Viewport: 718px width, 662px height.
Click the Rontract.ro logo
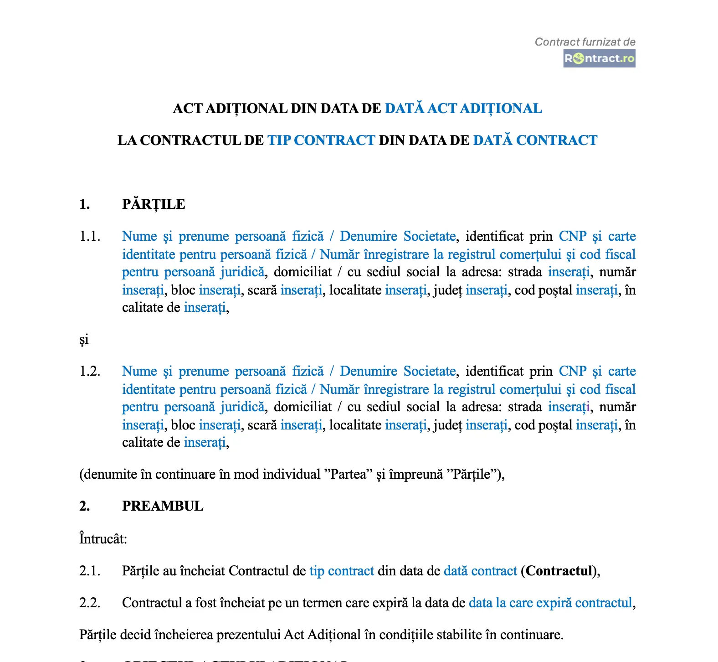599,59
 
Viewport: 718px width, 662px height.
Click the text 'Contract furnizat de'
585,42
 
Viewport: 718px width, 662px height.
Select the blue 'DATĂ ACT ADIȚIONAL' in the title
463,109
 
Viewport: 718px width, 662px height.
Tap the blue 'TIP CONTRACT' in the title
321,140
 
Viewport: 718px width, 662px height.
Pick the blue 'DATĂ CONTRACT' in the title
535,140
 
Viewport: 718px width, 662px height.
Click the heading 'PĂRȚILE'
154,204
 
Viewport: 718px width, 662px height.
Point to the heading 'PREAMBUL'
163,506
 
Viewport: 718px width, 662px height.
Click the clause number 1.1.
90,236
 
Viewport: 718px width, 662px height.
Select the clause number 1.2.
90,371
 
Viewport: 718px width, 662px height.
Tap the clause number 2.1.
90,571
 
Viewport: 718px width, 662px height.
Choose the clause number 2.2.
90,603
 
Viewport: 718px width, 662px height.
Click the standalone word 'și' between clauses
84,339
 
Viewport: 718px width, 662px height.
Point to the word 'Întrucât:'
103,539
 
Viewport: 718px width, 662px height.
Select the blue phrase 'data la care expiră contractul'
550,603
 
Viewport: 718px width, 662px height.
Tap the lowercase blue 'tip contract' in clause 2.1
342,571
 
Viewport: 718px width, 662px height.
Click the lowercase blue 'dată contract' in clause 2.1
480,571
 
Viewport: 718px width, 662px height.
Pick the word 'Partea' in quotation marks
348,474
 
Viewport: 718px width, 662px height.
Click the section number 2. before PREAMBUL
84,506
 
